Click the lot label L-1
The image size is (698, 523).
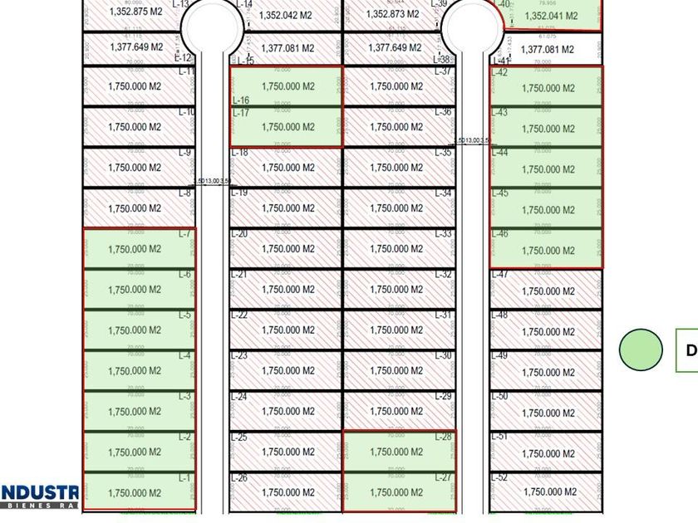click(x=184, y=478)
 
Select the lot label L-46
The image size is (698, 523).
click(x=499, y=235)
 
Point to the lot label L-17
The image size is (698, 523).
click(x=240, y=113)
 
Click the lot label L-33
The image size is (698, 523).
click(x=444, y=234)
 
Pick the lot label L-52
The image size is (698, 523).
click(x=499, y=477)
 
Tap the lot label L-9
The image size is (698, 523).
click(x=184, y=153)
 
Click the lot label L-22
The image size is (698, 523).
click(x=239, y=315)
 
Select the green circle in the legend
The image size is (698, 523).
click(x=641, y=349)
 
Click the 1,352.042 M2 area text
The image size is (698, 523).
click(x=287, y=15)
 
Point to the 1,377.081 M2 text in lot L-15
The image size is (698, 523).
click(x=288, y=48)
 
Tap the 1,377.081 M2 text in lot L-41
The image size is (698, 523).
click(x=547, y=50)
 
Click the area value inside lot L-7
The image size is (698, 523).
click(x=135, y=249)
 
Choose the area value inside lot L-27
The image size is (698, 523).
click(x=396, y=493)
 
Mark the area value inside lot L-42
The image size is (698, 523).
click(x=548, y=88)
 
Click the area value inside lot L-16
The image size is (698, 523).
click(x=288, y=86)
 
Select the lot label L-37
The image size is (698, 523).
click(x=444, y=71)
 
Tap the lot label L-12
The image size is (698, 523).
click(x=183, y=57)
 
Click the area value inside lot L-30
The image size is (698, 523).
click(x=396, y=371)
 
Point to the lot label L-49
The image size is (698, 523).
click(x=499, y=356)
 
